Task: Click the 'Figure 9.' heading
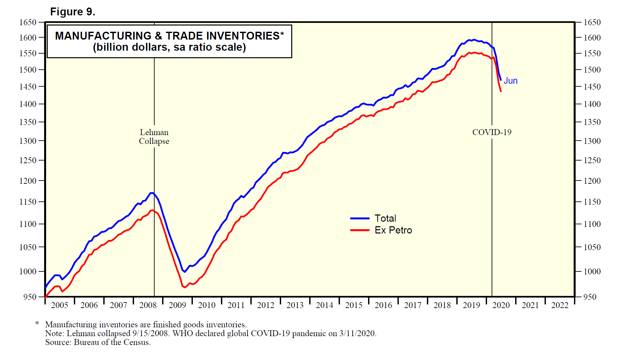(x=73, y=12)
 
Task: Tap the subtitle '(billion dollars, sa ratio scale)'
(x=169, y=47)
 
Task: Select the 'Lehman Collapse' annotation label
(x=154, y=137)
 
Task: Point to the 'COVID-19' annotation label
(x=492, y=132)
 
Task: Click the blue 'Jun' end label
(x=510, y=81)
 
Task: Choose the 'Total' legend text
(x=385, y=218)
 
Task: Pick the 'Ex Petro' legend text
(x=393, y=230)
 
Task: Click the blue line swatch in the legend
(x=360, y=218)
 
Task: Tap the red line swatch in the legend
(x=360, y=230)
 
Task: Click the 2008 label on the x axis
(x=148, y=305)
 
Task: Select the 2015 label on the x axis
(x=354, y=305)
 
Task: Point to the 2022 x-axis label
(x=560, y=305)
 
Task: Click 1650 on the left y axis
(x=28, y=23)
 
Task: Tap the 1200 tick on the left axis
(x=28, y=181)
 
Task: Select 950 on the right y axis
(x=592, y=297)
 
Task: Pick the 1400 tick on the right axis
(x=592, y=104)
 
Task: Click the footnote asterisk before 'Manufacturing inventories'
(x=37, y=324)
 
